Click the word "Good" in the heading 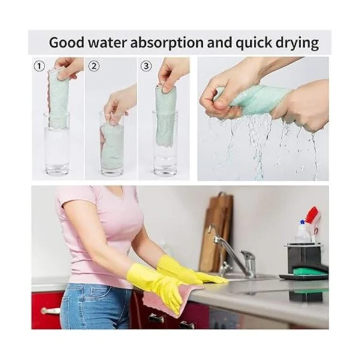[67, 43]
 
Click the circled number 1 [39, 67]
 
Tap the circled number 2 [94, 67]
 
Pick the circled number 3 [146, 67]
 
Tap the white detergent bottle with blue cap [302, 232]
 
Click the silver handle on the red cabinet [50, 311]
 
